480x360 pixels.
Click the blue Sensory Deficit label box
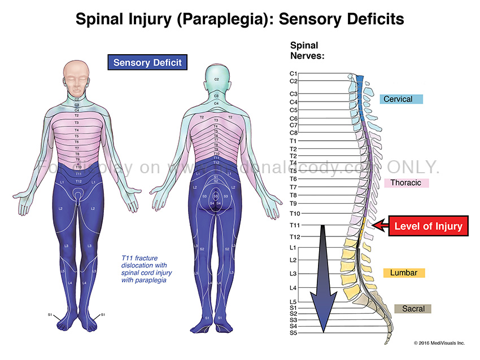point(147,62)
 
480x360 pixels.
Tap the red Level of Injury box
point(428,227)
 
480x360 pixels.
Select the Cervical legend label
point(401,99)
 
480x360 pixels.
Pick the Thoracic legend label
point(405,183)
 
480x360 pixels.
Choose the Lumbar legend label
point(403,273)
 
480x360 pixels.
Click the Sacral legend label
point(413,309)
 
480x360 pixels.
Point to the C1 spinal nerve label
point(294,73)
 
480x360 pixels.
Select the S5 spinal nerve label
point(294,333)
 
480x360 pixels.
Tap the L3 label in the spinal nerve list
point(294,274)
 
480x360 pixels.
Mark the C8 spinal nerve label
point(294,133)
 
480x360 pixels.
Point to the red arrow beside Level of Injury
point(379,227)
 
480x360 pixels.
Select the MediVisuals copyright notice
point(439,343)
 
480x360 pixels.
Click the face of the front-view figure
point(77,79)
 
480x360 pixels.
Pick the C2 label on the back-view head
point(216,80)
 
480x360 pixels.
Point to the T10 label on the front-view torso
point(78,166)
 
